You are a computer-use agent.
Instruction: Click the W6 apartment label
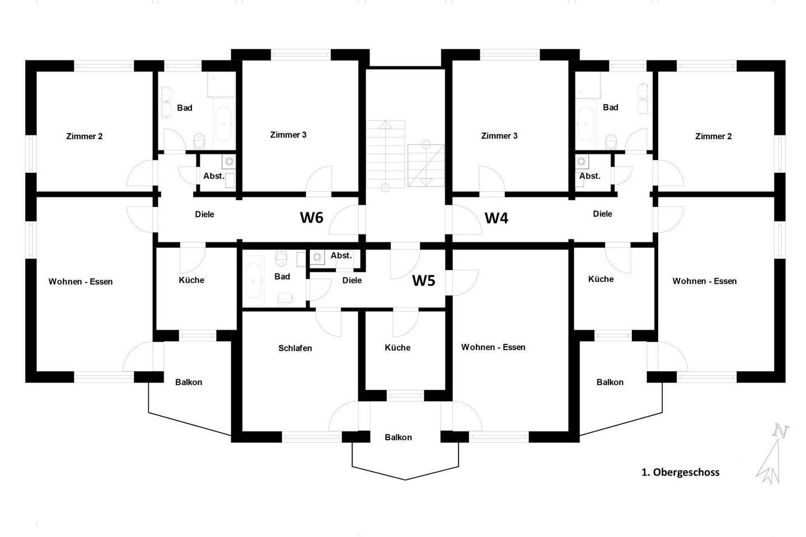click(x=312, y=217)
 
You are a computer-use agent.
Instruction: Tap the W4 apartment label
click(x=496, y=218)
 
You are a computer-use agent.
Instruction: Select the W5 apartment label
click(x=424, y=281)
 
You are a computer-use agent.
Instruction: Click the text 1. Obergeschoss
click(x=681, y=472)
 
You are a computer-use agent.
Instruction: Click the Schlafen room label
click(x=295, y=348)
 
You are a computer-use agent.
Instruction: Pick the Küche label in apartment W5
click(x=397, y=347)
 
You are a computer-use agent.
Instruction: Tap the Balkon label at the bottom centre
click(x=399, y=437)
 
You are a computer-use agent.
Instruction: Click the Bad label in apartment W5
click(x=282, y=276)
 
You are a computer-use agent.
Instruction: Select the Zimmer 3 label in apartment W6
click(x=288, y=134)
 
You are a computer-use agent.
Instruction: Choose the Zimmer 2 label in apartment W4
click(x=714, y=136)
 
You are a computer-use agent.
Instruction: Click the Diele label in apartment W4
click(x=603, y=214)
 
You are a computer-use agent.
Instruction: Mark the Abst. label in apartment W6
click(x=214, y=176)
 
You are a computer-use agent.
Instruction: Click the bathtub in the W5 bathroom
click(x=254, y=281)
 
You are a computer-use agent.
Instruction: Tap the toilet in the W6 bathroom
click(x=199, y=141)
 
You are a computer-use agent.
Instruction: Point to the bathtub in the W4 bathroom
click(x=585, y=124)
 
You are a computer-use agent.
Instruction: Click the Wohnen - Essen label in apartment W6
click(x=81, y=281)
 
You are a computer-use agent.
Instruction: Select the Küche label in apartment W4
click(x=601, y=279)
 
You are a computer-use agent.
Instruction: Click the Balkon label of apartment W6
click(x=189, y=382)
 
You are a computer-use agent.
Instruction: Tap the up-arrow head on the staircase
click(x=385, y=125)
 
